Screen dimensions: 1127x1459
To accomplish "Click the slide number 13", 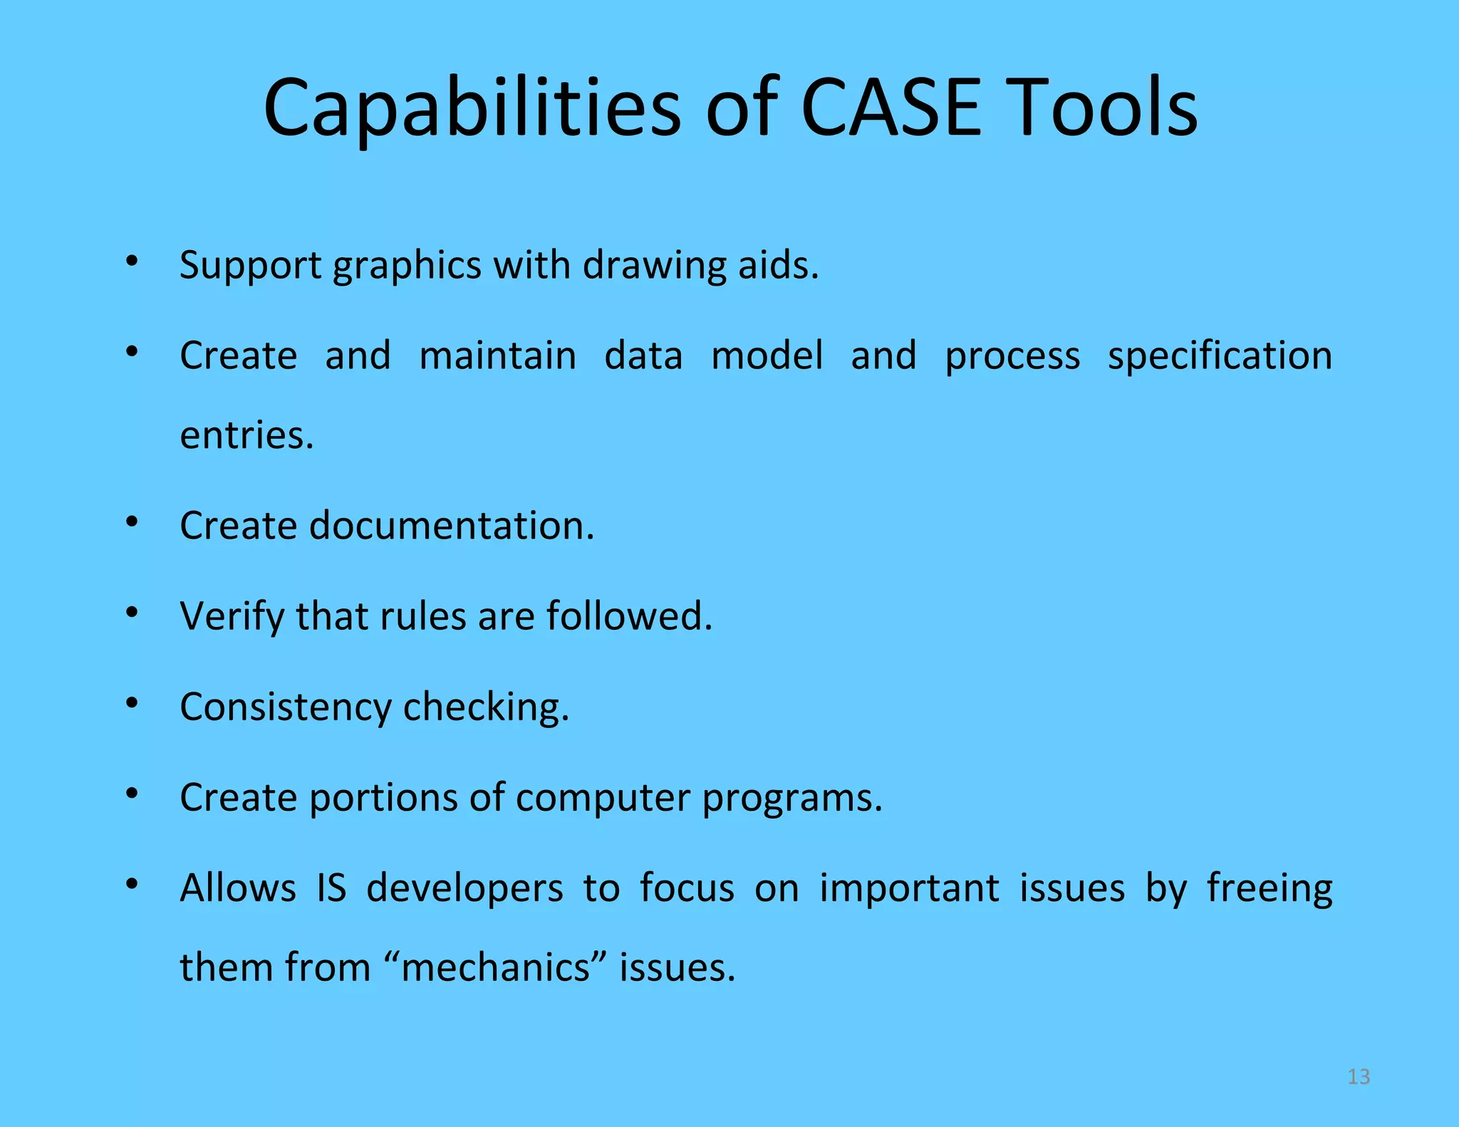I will pos(1359,1076).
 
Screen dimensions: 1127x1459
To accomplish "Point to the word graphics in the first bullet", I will pos(407,266).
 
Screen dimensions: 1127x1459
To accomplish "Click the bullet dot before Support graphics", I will pos(132,261).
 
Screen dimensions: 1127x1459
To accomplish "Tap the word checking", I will pos(487,707).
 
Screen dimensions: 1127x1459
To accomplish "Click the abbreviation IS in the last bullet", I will pos(331,888).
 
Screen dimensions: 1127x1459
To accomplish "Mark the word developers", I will pos(464,889).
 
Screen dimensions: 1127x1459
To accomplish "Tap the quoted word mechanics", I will pos(496,967).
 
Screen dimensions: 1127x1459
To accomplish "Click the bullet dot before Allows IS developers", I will pos(132,884).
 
